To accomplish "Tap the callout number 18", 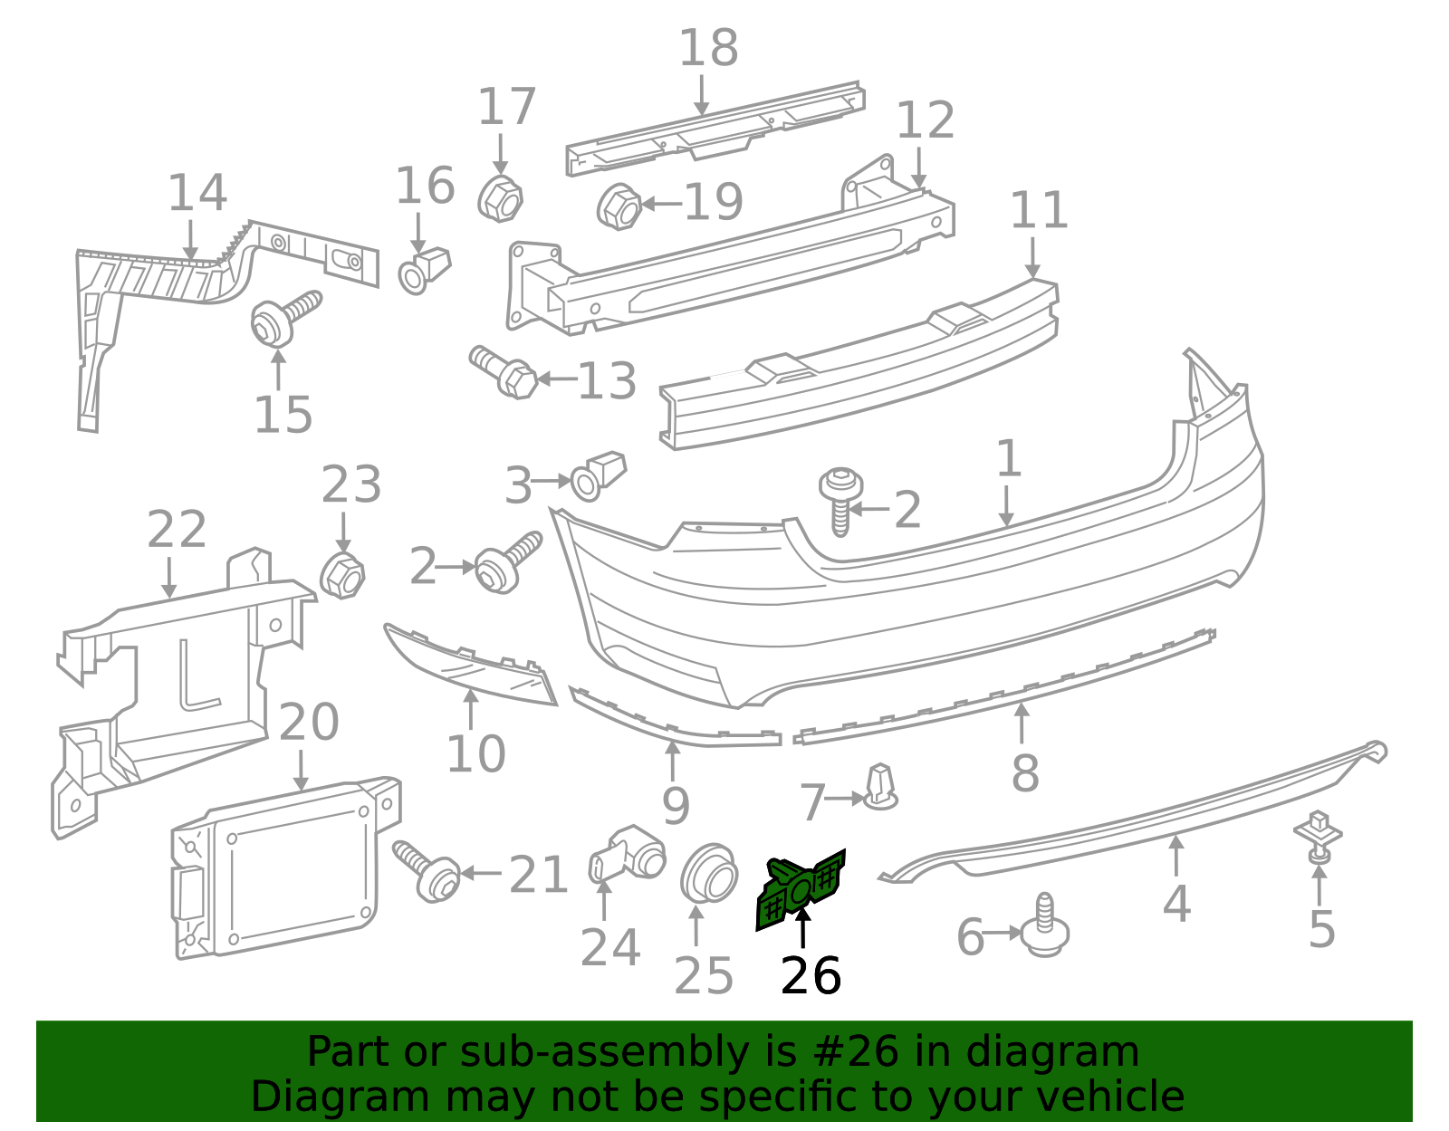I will click(x=708, y=48).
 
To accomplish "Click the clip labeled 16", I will click(x=424, y=269).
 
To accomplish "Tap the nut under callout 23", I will click(x=342, y=574).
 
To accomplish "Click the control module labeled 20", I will click(x=276, y=869).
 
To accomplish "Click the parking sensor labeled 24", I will click(x=627, y=854).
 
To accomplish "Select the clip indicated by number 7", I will click(x=879, y=788).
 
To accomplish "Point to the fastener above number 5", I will click(x=1319, y=837).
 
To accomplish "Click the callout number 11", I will click(x=1038, y=210).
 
